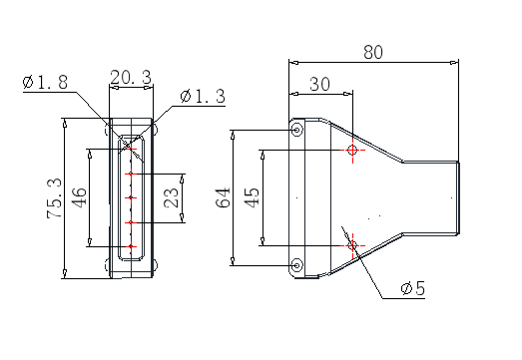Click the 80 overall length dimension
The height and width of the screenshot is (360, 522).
(x=373, y=52)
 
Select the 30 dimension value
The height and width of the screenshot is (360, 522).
(x=320, y=84)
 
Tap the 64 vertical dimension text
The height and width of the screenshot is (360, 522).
(x=224, y=197)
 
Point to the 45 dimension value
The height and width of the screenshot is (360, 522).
(x=252, y=197)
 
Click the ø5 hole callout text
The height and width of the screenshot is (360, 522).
(x=413, y=288)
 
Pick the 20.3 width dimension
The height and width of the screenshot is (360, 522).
(x=131, y=77)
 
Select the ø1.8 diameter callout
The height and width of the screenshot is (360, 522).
(x=45, y=82)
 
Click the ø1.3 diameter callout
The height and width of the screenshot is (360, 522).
(x=203, y=96)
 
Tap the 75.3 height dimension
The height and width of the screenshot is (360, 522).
(x=54, y=198)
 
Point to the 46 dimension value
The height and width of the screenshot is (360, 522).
(x=80, y=197)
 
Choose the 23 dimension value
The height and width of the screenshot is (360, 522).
(x=172, y=197)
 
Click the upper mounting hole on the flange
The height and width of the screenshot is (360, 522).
(x=297, y=130)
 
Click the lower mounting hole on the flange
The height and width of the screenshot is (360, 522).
(x=297, y=265)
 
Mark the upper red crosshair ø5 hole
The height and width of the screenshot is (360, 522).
(x=352, y=150)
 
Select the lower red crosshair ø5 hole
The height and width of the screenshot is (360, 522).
(x=352, y=246)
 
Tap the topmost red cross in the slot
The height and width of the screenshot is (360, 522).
(x=131, y=149)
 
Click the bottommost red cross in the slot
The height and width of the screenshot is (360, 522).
(x=131, y=246)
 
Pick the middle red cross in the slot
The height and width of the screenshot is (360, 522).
(x=131, y=197)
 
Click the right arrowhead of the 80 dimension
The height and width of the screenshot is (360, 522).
(x=454, y=62)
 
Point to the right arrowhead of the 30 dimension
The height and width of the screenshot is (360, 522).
(x=348, y=94)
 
